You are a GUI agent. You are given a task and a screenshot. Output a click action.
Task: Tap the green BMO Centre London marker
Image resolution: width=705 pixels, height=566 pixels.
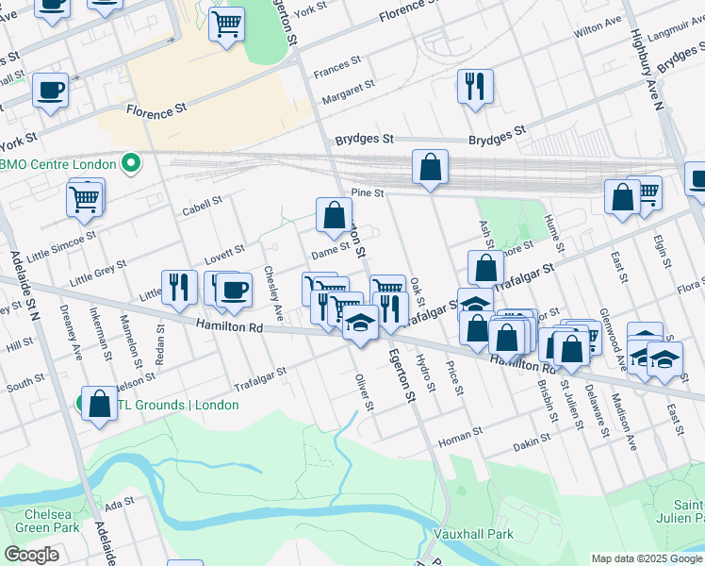click(x=131, y=164)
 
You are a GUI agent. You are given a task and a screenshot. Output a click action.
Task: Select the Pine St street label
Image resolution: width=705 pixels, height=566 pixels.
click(x=368, y=192)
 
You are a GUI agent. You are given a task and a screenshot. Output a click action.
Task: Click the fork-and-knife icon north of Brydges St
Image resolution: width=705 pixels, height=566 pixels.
click(x=475, y=87)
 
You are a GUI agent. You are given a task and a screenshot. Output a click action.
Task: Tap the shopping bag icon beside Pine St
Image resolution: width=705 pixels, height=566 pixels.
click(x=430, y=168)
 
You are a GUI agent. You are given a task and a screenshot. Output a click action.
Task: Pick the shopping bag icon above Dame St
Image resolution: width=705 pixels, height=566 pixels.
click(x=334, y=215)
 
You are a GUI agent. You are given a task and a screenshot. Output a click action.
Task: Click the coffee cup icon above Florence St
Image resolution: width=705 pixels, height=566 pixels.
click(x=50, y=92)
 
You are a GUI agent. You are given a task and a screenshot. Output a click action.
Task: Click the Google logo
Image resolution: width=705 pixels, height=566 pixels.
click(x=31, y=555)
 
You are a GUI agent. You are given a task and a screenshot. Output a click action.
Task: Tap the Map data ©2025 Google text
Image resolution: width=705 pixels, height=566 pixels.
click(x=647, y=558)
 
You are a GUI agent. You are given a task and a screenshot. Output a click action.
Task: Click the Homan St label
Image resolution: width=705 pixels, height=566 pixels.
click(x=460, y=431)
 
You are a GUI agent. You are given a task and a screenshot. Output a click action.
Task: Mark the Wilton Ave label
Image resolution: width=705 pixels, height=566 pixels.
click(x=598, y=25)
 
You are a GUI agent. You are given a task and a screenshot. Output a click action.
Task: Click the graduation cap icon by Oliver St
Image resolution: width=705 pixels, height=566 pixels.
click(x=359, y=324)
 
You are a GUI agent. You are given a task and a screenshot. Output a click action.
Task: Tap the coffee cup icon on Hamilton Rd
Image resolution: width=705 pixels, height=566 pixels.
click(x=234, y=290)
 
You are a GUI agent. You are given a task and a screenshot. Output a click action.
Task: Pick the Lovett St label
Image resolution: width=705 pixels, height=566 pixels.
click(x=224, y=254)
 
